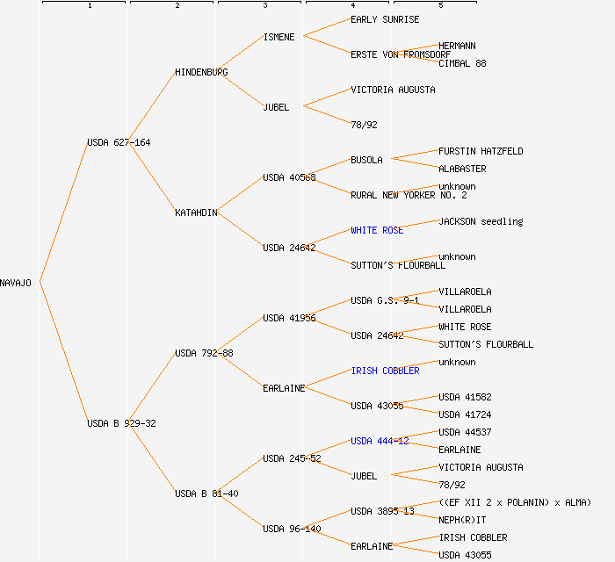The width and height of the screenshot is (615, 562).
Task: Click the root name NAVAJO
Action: [16, 283]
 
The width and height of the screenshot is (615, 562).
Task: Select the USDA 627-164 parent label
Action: [119, 142]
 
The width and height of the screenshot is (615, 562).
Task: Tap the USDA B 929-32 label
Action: [121, 423]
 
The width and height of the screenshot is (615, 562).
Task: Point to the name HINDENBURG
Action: [201, 72]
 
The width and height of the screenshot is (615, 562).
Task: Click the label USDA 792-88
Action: [204, 353]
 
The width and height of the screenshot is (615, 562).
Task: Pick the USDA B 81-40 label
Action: [206, 494]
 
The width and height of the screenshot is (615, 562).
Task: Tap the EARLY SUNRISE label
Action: [385, 19]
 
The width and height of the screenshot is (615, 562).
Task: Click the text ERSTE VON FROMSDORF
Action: [401, 54]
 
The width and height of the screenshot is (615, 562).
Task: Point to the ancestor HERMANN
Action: [457, 46]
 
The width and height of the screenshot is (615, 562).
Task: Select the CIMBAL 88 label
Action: [462, 63]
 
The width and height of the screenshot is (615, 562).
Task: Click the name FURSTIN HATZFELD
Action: [481, 151]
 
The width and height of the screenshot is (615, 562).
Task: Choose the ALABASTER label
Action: [462, 169]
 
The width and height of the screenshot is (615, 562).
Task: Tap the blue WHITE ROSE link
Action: [377, 230]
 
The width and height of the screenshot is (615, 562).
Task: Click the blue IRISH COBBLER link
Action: [385, 371]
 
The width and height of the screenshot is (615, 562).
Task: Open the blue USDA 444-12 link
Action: [380, 441]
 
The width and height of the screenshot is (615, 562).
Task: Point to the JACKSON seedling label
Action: [481, 221]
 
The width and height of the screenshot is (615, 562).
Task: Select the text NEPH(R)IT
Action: [462, 520]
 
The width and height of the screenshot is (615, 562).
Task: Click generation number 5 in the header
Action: [441, 6]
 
